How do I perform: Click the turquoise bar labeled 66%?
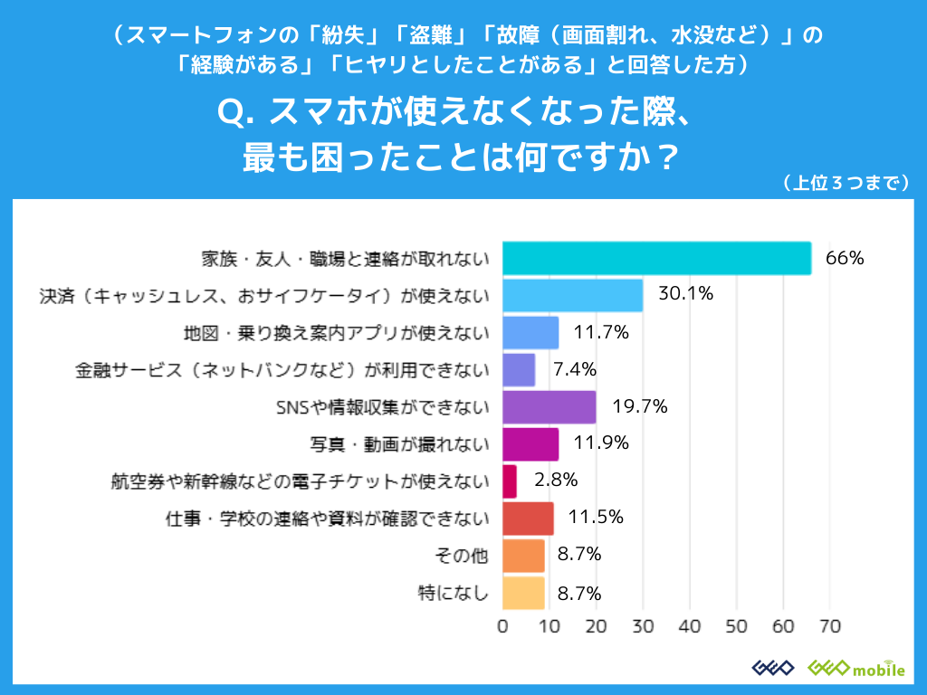[656, 258]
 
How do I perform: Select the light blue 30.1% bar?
[572, 295]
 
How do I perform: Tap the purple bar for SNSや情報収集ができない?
[549, 407]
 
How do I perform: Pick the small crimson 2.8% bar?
[509, 481]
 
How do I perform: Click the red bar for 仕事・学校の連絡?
[528, 519]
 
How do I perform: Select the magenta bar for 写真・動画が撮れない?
[530, 444]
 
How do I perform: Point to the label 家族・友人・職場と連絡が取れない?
[344, 258]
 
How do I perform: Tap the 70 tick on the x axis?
[830, 626]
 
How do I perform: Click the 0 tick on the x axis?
[502, 626]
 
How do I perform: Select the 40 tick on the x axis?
[690, 626]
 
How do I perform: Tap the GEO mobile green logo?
[855, 668]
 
